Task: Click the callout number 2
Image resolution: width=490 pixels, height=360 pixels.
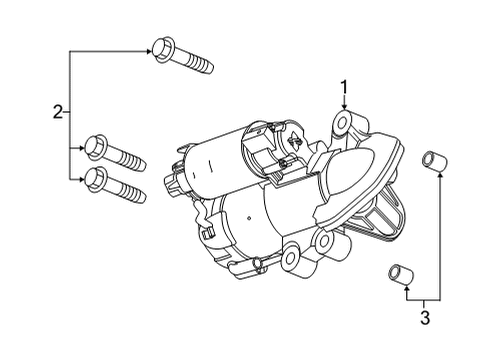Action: point(58,113)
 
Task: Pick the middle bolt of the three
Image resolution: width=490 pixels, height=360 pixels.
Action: point(116,152)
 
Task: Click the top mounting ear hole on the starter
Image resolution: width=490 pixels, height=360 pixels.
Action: point(344,125)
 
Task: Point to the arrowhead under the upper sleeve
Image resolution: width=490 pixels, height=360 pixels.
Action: point(435,177)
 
